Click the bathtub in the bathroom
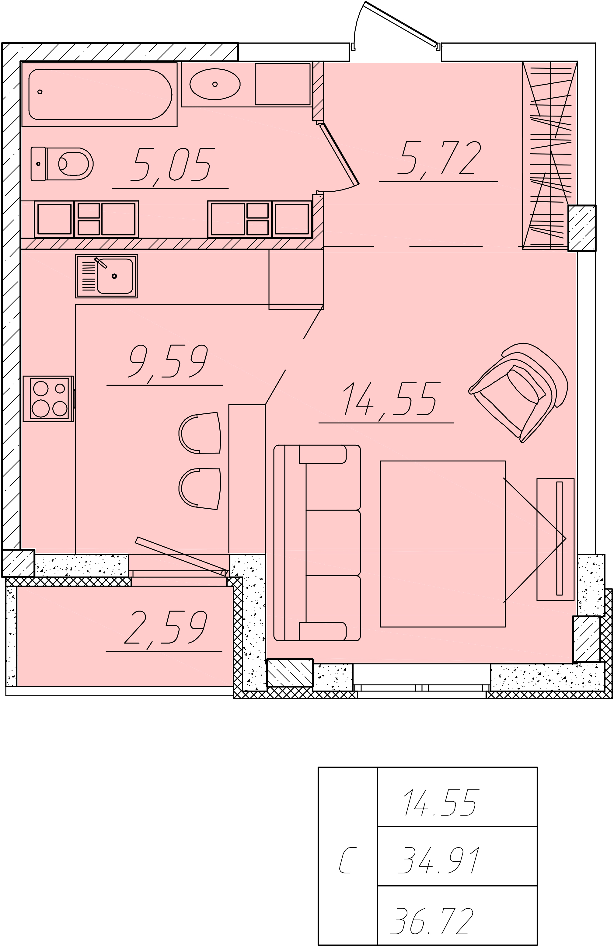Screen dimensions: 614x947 tap(99, 94)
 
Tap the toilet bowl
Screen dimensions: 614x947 tap(62, 164)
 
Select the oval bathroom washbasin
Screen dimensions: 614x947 tap(215, 84)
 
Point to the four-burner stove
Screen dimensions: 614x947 tap(48, 399)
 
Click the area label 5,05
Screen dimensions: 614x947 tap(172, 164)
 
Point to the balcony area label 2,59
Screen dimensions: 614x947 tap(165, 628)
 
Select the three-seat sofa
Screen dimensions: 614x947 tap(317, 543)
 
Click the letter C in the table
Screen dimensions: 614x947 tap(346, 860)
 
